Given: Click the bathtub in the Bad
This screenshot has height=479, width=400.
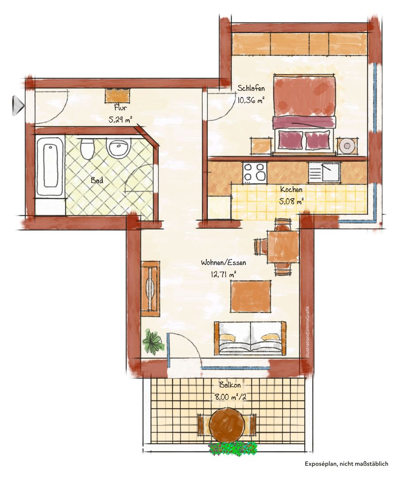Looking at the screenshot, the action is tap(50, 166).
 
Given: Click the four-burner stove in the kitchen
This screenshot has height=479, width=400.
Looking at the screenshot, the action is tap(254, 173).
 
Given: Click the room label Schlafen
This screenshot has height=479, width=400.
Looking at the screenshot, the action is tap(251, 89).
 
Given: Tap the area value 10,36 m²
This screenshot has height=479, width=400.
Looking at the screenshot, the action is tap(251, 100).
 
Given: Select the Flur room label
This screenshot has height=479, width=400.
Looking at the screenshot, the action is tap(120, 108).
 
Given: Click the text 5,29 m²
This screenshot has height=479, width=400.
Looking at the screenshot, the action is tap(120, 119).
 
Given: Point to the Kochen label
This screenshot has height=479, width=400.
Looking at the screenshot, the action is tap(291, 189).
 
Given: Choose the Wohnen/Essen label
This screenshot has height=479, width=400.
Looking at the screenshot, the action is tap(224, 263).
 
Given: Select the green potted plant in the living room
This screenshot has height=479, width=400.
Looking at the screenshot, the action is tap(153, 341).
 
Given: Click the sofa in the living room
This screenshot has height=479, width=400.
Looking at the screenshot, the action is tap(250, 338).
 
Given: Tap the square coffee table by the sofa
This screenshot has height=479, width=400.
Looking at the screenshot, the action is tap(251, 296).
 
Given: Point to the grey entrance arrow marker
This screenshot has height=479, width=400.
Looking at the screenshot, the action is tap(18, 106).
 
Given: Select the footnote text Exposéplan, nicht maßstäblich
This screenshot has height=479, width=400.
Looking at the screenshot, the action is tap(346, 464).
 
